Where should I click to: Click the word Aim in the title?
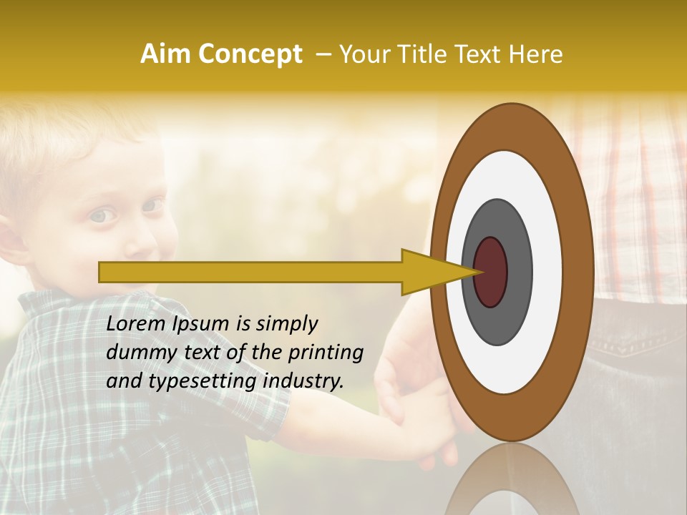166,54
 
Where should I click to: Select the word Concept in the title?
248,54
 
